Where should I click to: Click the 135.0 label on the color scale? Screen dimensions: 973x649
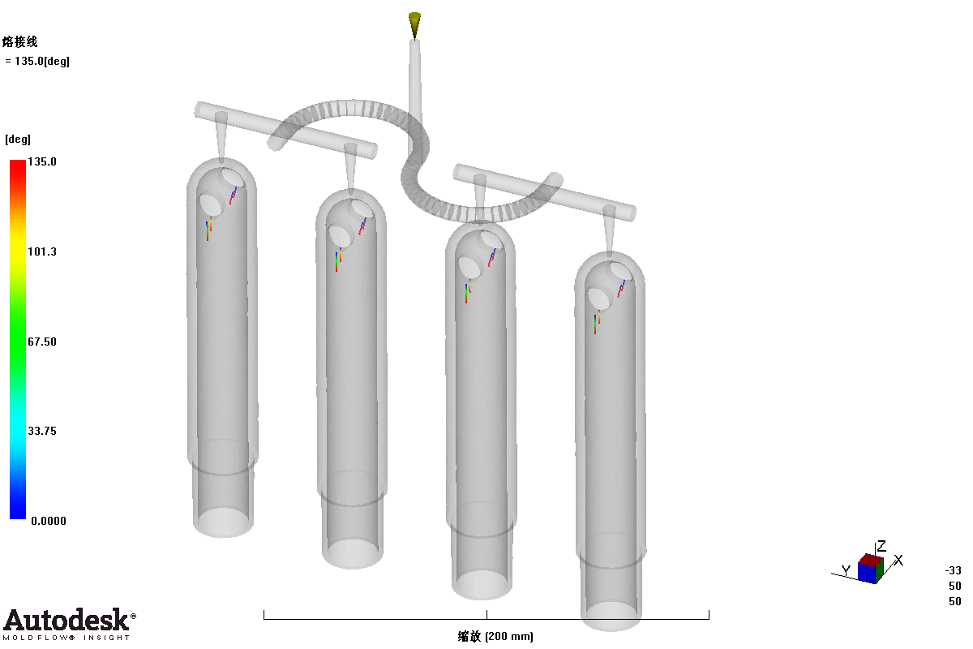click(x=42, y=161)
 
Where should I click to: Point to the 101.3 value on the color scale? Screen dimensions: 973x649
click(x=42, y=251)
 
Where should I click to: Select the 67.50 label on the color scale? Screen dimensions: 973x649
click(x=42, y=342)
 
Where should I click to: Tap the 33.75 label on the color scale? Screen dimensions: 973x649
click(x=42, y=431)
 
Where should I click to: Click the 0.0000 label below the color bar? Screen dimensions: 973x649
click(x=49, y=521)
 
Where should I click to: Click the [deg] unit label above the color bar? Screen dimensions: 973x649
click(x=18, y=139)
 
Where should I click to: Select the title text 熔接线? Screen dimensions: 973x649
click(x=20, y=41)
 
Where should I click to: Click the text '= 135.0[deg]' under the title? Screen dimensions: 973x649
click(x=37, y=62)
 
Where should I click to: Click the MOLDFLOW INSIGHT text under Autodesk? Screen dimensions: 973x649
click(x=66, y=638)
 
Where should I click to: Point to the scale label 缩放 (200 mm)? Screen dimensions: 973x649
click(x=495, y=636)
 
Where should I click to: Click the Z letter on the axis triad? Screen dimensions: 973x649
click(x=881, y=546)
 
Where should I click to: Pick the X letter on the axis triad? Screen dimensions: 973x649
click(x=898, y=560)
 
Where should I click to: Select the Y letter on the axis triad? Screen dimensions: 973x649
click(x=846, y=569)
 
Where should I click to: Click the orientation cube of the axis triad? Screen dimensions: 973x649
click(x=871, y=568)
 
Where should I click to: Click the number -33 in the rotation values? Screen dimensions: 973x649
click(x=954, y=570)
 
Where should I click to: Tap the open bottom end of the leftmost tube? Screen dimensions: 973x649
click(x=223, y=522)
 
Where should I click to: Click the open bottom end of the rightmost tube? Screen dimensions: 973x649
click(x=611, y=616)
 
